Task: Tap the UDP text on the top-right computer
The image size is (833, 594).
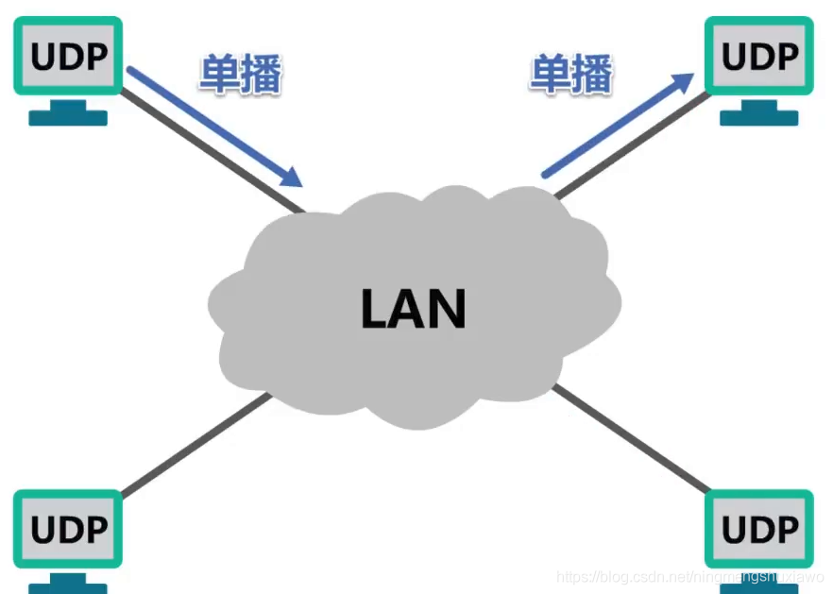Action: click(x=758, y=57)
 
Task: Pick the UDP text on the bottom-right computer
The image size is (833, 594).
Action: click(x=758, y=529)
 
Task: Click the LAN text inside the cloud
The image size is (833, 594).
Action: click(x=414, y=308)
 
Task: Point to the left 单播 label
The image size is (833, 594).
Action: click(x=240, y=74)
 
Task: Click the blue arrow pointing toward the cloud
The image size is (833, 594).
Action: click(x=212, y=124)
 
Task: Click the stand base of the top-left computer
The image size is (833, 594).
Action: click(x=67, y=117)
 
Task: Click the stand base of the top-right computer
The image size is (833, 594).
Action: click(x=758, y=117)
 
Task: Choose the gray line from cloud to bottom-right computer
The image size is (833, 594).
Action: click(x=633, y=439)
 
